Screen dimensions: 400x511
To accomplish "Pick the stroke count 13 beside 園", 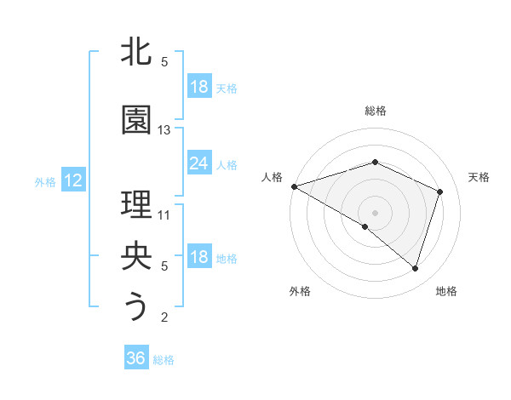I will tap(164, 129).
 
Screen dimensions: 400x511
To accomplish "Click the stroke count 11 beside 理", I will tap(164, 214).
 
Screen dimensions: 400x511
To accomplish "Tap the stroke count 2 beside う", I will tap(164, 317).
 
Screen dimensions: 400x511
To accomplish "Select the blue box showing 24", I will tap(198, 163).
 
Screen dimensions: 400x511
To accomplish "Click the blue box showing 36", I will tap(135, 358).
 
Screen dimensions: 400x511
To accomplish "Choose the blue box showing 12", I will tap(72, 180).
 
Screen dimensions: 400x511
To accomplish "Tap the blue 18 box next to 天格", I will tap(198, 87).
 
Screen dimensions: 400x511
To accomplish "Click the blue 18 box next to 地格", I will tap(198, 258).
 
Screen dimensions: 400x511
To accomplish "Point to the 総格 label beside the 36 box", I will tap(164, 360).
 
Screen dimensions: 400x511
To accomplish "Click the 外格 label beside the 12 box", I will tap(44, 181).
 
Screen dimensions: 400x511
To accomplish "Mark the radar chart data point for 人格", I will tap(294, 186).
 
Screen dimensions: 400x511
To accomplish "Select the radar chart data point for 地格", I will tap(415, 269).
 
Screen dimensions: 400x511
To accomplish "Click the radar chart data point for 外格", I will tap(365, 226).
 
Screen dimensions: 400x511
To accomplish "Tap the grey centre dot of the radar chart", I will tap(375, 212).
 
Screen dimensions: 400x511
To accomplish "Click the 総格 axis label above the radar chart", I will tap(375, 111).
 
